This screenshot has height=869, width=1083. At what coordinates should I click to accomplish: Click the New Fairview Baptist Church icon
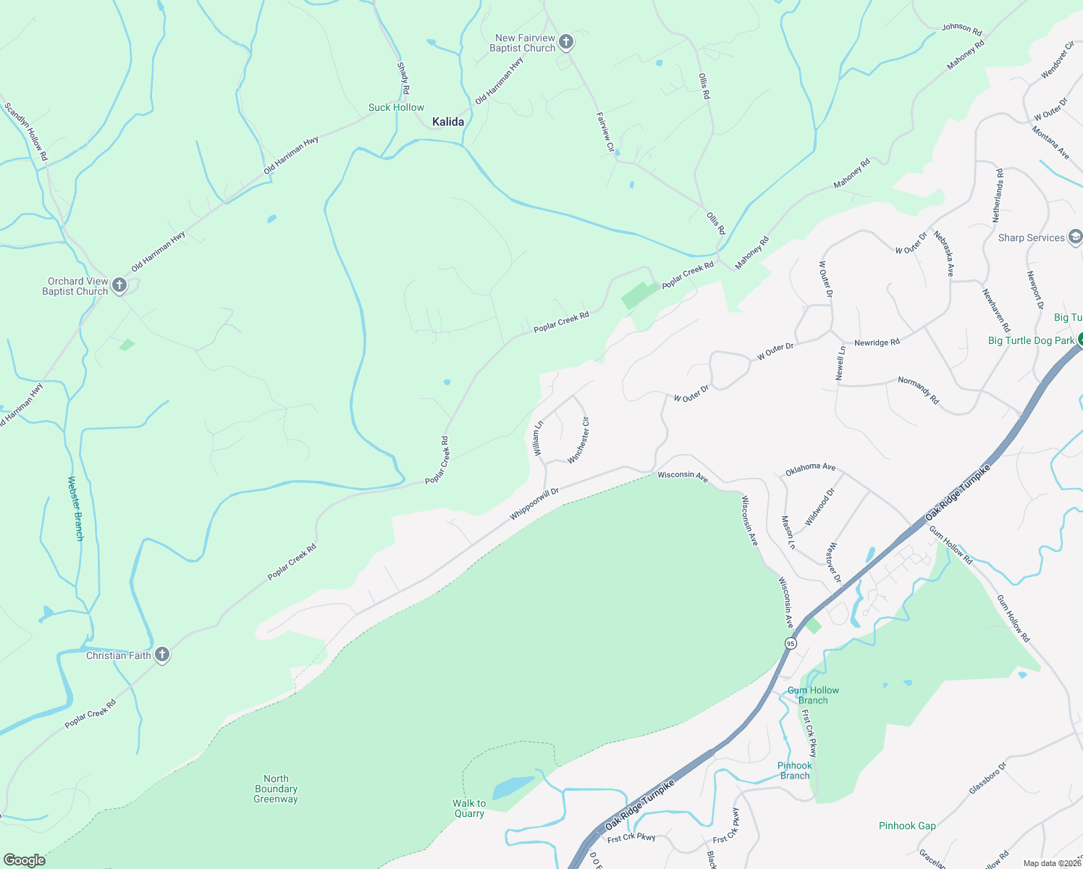[566, 42]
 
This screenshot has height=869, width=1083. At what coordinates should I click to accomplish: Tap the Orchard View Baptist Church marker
[119, 285]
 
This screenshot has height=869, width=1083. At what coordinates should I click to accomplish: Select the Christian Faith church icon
[162, 655]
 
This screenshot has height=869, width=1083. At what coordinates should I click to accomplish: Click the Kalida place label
[448, 122]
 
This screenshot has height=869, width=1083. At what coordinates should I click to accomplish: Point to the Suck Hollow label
[396, 107]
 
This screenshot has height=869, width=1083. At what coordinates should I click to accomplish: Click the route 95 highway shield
[791, 643]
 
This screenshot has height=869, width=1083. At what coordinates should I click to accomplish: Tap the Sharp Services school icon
[1076, 237]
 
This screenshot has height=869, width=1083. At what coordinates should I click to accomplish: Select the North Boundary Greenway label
[276, 789]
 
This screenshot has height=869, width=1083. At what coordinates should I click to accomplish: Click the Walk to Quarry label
[469, 808]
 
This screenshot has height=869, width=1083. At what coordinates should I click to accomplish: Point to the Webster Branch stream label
[75, 508]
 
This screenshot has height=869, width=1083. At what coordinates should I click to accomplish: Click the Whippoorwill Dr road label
[534, 504]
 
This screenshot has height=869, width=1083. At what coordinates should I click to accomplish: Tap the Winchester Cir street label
[579, 440]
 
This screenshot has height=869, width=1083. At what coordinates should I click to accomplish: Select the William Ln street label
[538, 438]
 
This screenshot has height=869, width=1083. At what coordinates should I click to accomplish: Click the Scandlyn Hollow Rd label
[26, 131]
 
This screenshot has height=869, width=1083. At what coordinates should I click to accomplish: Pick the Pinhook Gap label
[907, 826]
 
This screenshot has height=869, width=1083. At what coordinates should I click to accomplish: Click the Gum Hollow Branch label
[813, 695]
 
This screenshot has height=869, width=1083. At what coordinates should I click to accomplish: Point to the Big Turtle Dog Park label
[1031, 340]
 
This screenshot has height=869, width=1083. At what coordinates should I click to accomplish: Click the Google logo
[25, 860]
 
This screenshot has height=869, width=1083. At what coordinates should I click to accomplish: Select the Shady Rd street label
[403, 78]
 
